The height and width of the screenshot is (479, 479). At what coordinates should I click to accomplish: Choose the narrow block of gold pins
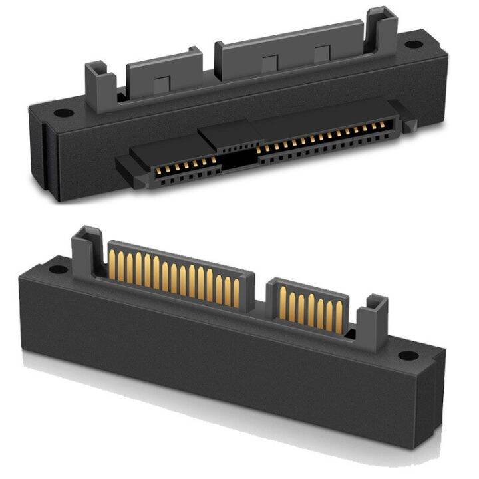[x=309, y=307]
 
